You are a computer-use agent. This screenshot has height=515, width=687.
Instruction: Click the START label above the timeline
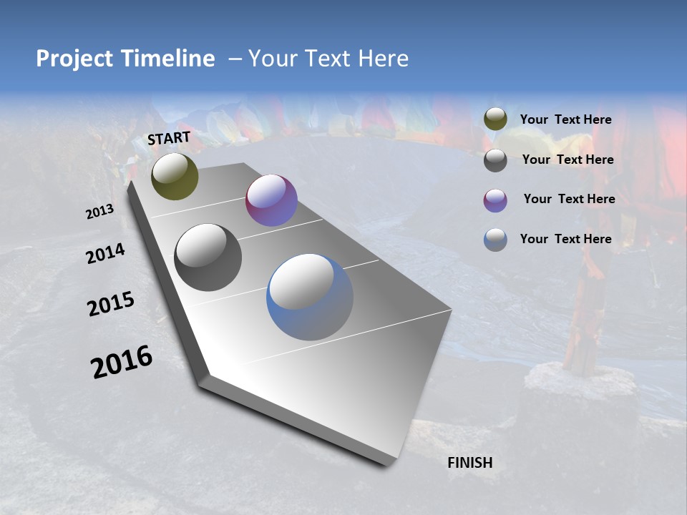tap(169, 138)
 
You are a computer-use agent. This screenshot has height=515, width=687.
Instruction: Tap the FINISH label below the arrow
tap(469, 462)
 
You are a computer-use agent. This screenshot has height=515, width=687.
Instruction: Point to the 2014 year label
tap(105, 253)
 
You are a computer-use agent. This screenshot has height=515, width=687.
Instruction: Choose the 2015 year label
tap(111, 304)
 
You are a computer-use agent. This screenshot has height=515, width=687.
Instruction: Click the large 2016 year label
tap(122, 361)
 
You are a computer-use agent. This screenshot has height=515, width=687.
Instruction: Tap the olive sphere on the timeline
tap(175, 176)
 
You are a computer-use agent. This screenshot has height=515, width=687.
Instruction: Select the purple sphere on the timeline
tap(271, 200)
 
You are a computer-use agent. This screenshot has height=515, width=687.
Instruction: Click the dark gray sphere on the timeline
tap(208, 257)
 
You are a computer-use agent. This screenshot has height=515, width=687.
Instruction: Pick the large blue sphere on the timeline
tap(310, 297)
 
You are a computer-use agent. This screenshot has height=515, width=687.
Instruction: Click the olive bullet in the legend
tap(495, 119)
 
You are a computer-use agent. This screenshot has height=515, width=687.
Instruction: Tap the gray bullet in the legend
tap(495, 160)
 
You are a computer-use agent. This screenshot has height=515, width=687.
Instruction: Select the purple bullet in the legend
tap(495, 200)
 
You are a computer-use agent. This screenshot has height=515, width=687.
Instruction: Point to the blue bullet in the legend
tap(495, 240)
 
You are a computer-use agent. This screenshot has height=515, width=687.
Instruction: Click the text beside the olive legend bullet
tap(565, 119)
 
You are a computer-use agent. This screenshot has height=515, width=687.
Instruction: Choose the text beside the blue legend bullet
tap(565, 238)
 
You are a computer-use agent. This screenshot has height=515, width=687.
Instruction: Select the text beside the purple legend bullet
tap(569, 199)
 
